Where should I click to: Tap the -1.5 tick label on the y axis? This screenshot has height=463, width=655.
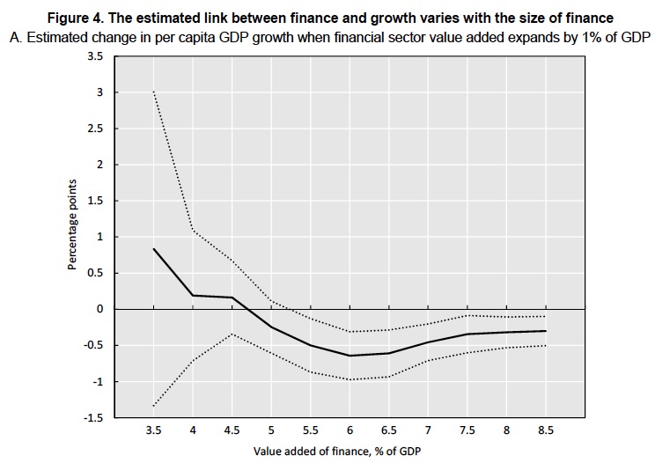[x=92, y=418]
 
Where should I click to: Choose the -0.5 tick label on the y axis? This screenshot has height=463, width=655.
[x=92, y=346]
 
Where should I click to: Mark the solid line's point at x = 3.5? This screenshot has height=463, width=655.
[x=154, y=249]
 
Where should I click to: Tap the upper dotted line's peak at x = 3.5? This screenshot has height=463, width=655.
[x=154, y=92]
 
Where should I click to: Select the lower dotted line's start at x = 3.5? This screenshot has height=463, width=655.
[x=154, y=406]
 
